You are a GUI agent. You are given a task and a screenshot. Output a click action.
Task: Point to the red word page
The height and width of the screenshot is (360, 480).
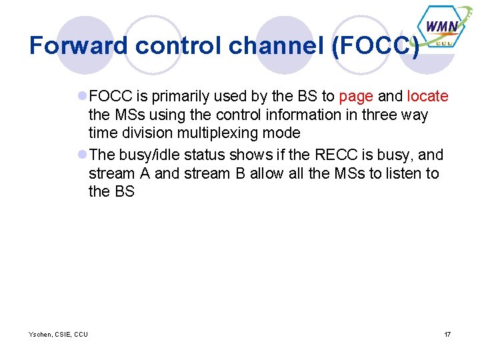pos(356,96)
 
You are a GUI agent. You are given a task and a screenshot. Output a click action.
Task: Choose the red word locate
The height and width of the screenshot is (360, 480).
pos(427,96)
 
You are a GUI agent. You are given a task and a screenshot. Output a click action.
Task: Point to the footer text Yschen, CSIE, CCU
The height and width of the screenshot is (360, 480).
pos(58,334)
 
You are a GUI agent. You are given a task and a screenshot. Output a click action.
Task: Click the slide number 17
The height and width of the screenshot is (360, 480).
pos(447,334)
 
